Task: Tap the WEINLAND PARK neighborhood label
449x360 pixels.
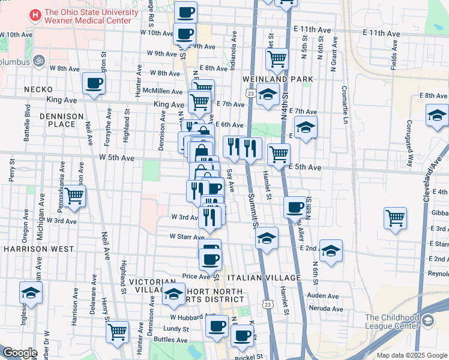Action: click(x=278, y=79)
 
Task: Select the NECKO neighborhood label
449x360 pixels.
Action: click(x=39, y=89)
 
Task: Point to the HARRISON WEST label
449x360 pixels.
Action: click(x=38, y=248)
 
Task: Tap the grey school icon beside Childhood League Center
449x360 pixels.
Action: click(x=427, y=321)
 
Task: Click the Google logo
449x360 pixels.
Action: click(x=20, y=353)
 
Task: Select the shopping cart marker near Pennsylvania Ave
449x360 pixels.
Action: click(x=74, y=195)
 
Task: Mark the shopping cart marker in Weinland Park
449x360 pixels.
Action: click(x=277, y=59)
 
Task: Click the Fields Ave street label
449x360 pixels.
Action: click(x=394, y=55)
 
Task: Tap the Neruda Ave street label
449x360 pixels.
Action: click(x=325, y=309)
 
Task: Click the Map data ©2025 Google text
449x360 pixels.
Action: click(x=411, y=355)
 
